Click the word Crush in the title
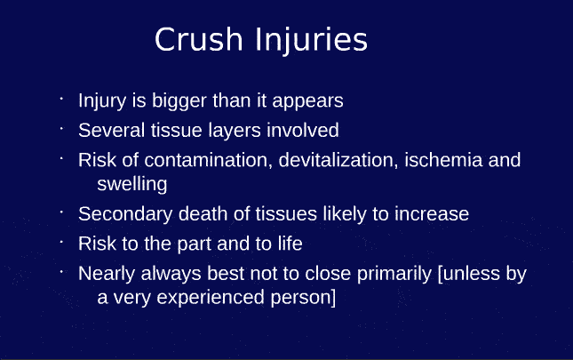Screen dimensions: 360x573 pos(196,40)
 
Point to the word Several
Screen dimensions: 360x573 pos(109,130)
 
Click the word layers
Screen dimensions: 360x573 pos(234,131)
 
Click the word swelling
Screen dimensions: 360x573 pos(132,185)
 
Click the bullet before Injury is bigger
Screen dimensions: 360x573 pos(62,95)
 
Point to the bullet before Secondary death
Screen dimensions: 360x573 pos(62,210)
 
